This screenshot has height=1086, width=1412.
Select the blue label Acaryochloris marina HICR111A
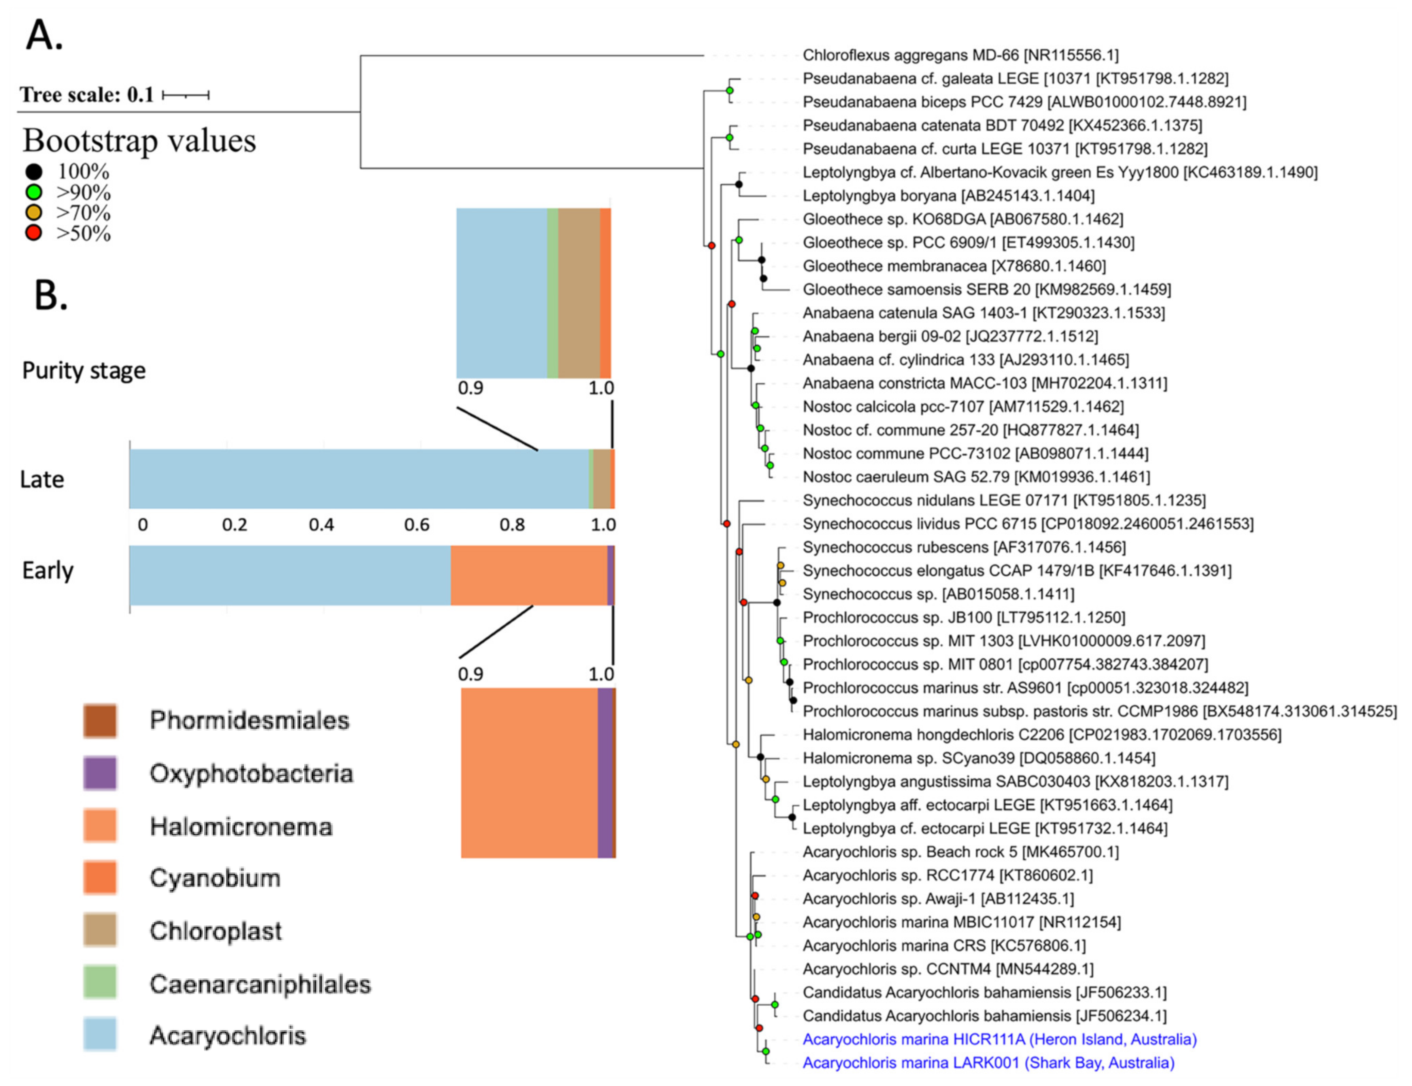tap(999, 1039)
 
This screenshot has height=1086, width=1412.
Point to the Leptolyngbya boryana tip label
tap(948, 195)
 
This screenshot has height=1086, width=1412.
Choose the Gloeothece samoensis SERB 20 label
tap(986, 289)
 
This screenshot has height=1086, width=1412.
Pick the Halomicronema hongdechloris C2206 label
tap(1041, 734)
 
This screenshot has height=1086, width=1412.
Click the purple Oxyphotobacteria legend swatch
tap(100, 773)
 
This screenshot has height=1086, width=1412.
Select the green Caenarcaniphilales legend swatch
tap(100, 983)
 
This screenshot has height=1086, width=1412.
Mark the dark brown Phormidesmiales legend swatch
tap(100, 721)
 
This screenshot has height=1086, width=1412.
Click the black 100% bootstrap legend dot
tap(34, 172)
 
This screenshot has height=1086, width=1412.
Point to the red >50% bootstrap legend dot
tap(34, 233)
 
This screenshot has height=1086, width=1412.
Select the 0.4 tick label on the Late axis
tap(321, 524)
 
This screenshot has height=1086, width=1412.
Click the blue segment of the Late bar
tap(359, 479)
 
